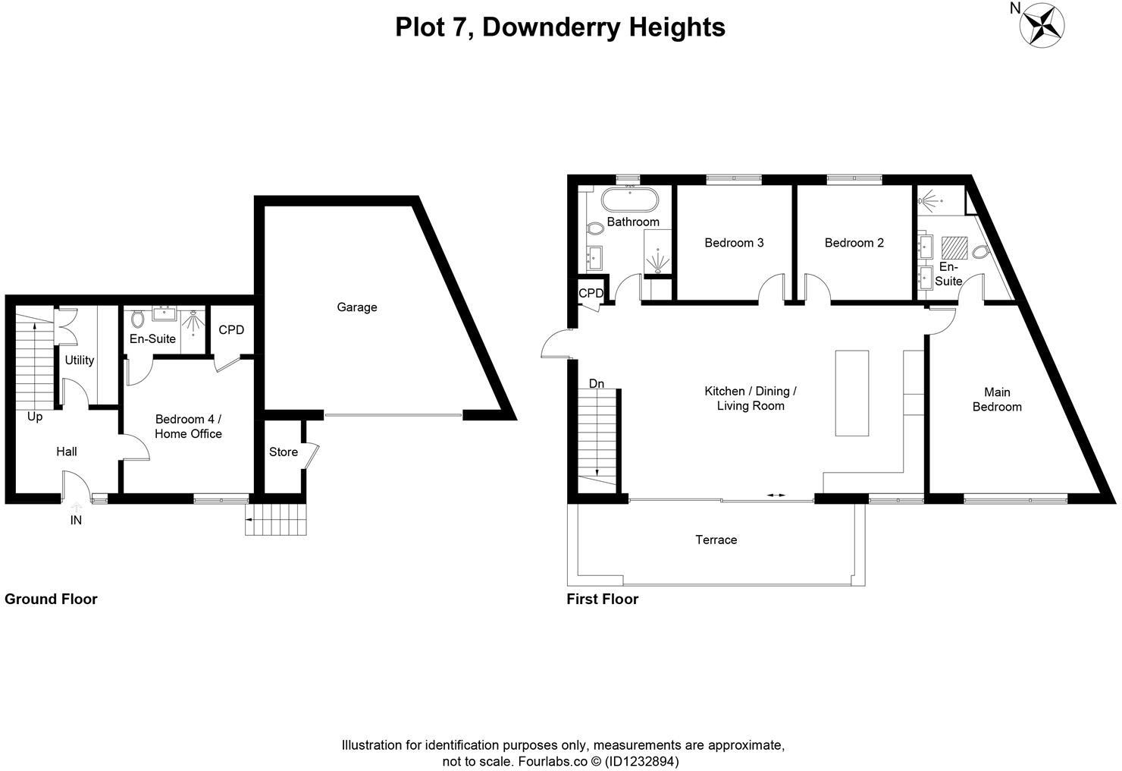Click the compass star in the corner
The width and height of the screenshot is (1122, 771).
(1042, 24)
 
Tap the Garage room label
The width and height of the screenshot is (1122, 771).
(356, 307)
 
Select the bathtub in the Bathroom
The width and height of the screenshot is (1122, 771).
(629, 201)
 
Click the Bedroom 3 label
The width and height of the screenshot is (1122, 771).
(734, 243)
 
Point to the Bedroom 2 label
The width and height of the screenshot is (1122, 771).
(854, 243)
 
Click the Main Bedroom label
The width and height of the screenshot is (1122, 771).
(997, 399)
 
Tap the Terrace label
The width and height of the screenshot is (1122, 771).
(716, 540)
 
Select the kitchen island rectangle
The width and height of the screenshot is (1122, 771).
(851, 392)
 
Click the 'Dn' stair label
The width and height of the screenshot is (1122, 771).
(597, 384)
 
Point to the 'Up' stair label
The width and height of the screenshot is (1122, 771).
(35, 417)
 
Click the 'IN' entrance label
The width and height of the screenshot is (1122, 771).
(76, 521)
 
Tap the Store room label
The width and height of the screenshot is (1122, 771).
(283, 452)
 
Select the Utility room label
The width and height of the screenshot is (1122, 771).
(79, 360)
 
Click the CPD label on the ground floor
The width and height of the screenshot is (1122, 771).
(231, 330)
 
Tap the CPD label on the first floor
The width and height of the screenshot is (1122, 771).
(591, 293)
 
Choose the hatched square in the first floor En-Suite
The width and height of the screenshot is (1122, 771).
(954, 249)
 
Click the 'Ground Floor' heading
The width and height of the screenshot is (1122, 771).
(51, 599)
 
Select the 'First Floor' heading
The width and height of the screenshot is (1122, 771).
(602, 599)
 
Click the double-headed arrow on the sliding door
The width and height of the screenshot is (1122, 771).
(776, 495)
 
